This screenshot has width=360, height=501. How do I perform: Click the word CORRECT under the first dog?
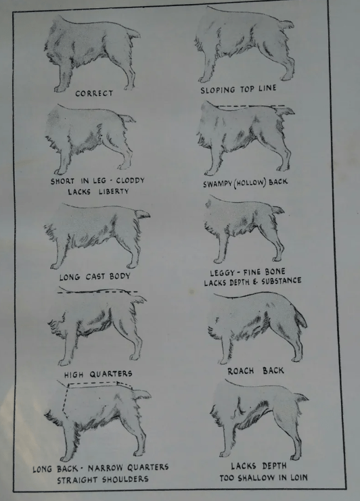(x=94, y=93)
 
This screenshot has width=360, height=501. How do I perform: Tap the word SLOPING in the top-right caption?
(x=218, y=90)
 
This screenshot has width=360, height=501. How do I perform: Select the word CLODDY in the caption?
(x=131, y=181)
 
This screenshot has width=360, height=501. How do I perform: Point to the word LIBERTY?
(x=114, y=191)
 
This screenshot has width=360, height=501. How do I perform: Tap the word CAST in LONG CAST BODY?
(x=95, y=277)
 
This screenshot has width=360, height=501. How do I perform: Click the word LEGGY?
(x=223, y=273)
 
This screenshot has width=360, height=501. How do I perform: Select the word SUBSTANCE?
(x=282, y=281)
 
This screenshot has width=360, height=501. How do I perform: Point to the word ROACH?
(x=241, y=371)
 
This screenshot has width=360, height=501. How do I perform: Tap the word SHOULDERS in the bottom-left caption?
(x=125, y=479)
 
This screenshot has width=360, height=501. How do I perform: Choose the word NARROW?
(x=106, y=468)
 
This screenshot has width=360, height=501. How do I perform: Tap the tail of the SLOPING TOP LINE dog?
(x=286, y=24)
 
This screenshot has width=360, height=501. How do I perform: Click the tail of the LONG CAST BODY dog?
(x=142, y=214)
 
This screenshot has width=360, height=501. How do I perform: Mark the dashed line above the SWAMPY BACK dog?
(x=250, y=105)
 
